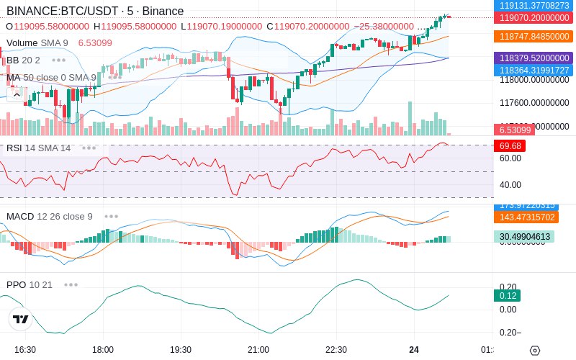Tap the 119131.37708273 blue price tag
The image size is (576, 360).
(534, 5)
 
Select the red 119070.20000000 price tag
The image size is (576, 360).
(534, 18)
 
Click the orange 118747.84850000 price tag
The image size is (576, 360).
(534, 36)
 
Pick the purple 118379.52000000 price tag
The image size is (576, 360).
(534, 58)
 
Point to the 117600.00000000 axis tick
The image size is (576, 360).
(534, 103)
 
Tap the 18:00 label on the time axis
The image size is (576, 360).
(103, 349)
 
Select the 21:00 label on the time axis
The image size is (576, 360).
(258, 349)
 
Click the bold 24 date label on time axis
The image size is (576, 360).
(414, 349)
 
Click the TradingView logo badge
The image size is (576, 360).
(21, 319)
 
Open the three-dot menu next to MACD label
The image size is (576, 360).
(112, 216)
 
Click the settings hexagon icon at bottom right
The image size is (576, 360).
(534, 350)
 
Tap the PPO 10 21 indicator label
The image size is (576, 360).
(30, 284)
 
